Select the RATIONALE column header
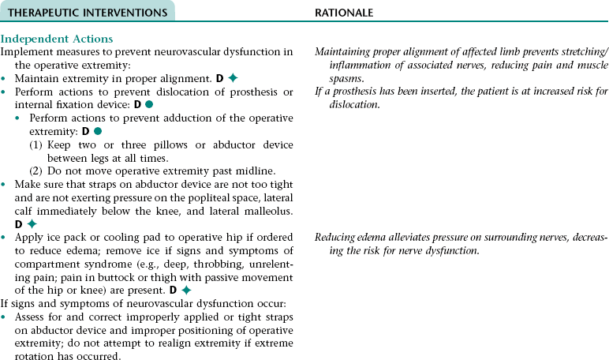point(344,13)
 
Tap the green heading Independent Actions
point(57,39)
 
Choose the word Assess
point(30,317)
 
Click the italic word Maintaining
point(344,52)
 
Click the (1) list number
point(37,144)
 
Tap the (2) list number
point(37,171)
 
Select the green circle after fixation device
point(148,105)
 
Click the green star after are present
point(186,290)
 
